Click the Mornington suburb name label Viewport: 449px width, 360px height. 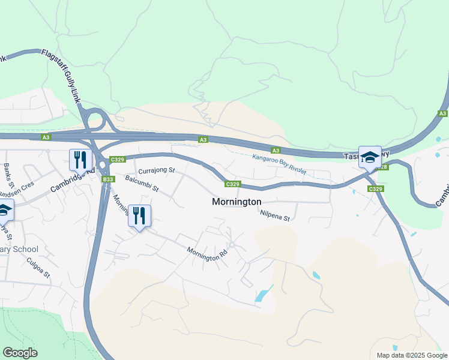coord(237,202)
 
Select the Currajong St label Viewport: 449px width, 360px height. coord(155,171)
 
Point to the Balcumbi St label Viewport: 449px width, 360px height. coord(142,184)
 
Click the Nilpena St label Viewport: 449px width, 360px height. coord(276,215)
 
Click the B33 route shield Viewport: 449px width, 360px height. coord(108,179)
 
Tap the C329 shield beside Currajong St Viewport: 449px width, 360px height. coord(118,159)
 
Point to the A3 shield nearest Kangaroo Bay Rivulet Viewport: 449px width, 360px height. coord(276,151)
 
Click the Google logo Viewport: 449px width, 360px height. coord(20,353)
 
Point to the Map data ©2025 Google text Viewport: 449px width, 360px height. coord(411,355)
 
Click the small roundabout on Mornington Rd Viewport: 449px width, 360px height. coord(232,244)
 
